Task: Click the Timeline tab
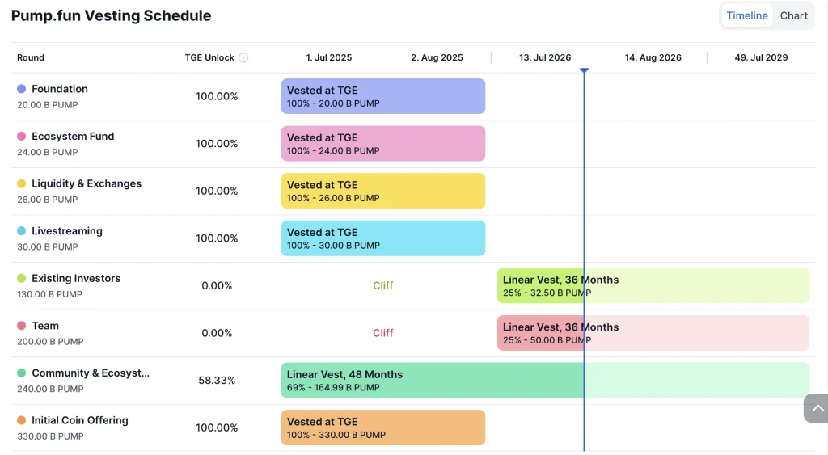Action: [x=746, y=16]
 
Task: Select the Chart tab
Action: [x=794, y=16]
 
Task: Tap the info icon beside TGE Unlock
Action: [x=243, y=57]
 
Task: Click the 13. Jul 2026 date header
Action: [x=545, y=57]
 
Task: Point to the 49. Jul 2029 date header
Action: [x=761, y=57]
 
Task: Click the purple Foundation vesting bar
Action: [x=382, y=96]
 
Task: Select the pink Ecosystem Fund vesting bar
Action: [x=382, y=144]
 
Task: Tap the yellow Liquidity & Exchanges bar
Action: [x=382, y=191]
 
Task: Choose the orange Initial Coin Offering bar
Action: [x=382, y=428]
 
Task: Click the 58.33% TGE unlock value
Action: [x=217, y=381]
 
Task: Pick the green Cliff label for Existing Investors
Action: [x=382, y=285]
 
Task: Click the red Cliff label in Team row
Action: [x=382, y=333]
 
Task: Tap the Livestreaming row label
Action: [x=67, y=231]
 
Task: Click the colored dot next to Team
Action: [x=21, y=326]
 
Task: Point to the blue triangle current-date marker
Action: [x=584, y=71]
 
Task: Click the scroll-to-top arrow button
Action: [x=817, y=408]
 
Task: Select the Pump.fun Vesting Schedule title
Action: [x=111, y=16]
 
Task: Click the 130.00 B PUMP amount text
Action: [x=49, y=294]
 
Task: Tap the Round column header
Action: [x=31, y=57]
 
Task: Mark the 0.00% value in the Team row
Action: [x=217, y=333]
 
